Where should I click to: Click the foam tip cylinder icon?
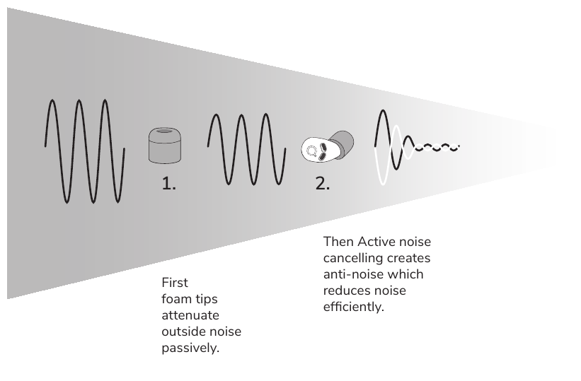[x=165, y=146]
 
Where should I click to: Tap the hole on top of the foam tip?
[x=165, y=131]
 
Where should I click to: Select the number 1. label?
[x=168, y=184]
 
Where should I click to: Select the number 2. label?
[x=323, y=184]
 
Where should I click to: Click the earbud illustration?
[x=327, y=146]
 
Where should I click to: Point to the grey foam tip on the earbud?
[x=342, y=143]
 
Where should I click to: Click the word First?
[x=175, y=283]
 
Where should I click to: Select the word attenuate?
[x=190, y=315]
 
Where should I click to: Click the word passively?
[x=190, y=348]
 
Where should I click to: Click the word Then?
[x=338, y=242]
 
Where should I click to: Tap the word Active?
[x=372, y=242]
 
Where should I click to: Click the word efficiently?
[x=354, y=307]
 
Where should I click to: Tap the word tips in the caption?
[x=207, y=299]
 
